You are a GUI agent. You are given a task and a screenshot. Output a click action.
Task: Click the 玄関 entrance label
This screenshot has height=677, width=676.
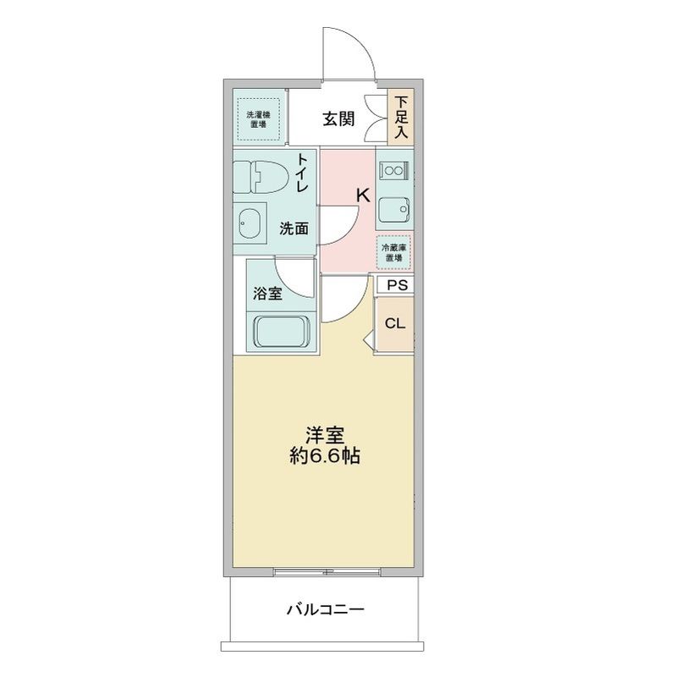tap(338, 118)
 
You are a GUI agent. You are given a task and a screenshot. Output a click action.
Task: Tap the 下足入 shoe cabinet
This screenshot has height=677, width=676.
tap(400, 117)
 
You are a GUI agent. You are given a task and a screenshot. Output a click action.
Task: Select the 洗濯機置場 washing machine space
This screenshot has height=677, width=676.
tap(257, 118)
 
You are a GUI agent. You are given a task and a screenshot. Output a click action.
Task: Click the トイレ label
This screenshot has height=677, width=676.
tap(301, 174)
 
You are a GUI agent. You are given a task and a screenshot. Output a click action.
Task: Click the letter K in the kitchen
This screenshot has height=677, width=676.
tap(362, 195)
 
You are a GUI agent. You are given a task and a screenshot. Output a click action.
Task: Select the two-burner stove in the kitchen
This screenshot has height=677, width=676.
tap(393, 169)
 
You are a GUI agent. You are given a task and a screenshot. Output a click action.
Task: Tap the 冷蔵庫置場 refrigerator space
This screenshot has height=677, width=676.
tap(394, 251)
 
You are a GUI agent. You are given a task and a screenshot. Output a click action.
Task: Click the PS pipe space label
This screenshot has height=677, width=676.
tap(395, 285)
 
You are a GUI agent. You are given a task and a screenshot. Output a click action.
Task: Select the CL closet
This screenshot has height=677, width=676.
tap(395, 323)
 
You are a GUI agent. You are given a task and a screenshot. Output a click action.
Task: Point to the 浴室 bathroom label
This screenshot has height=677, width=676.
tap(267, 294)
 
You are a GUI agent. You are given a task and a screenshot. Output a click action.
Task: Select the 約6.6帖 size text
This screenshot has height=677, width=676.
tap(324, 457)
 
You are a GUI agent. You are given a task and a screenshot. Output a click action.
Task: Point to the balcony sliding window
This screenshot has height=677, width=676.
tap(324, 572)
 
